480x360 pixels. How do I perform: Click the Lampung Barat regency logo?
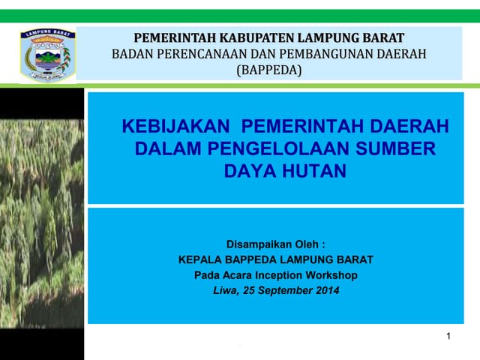point(46,55)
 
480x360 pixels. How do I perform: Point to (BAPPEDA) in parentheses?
point(268,70)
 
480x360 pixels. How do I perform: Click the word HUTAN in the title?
point(314,171)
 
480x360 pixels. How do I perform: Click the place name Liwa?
point(223,290)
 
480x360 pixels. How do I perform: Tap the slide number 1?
point(448,337)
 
